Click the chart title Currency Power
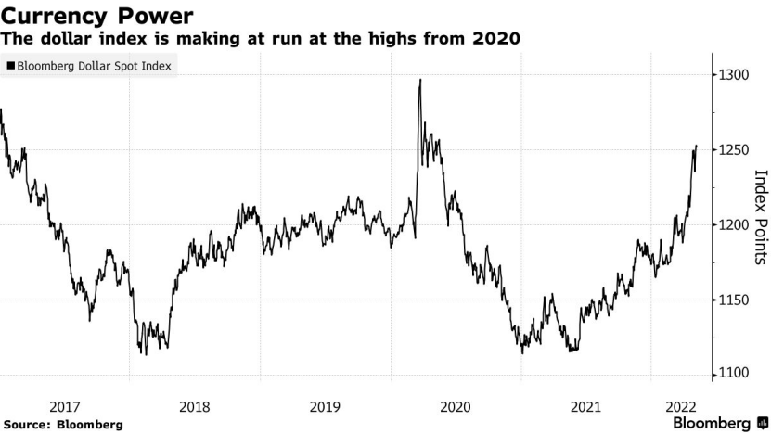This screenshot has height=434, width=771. point(96,15)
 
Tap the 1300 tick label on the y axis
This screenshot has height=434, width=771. point(731,74)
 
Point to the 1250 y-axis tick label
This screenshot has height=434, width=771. point(731,149)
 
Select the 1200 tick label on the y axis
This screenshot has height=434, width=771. point(731,224)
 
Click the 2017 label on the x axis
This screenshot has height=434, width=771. point(64,406)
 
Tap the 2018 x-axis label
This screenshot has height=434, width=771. point(194,406)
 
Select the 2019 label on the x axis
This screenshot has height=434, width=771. point(325,406)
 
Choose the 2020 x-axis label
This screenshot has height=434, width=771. point(455,406)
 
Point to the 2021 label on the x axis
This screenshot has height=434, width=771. point(585,406)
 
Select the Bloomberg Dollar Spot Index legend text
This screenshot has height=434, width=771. point(94,66)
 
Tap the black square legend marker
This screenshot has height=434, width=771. point(10,66)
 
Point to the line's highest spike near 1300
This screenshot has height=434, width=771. point(420,81)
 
